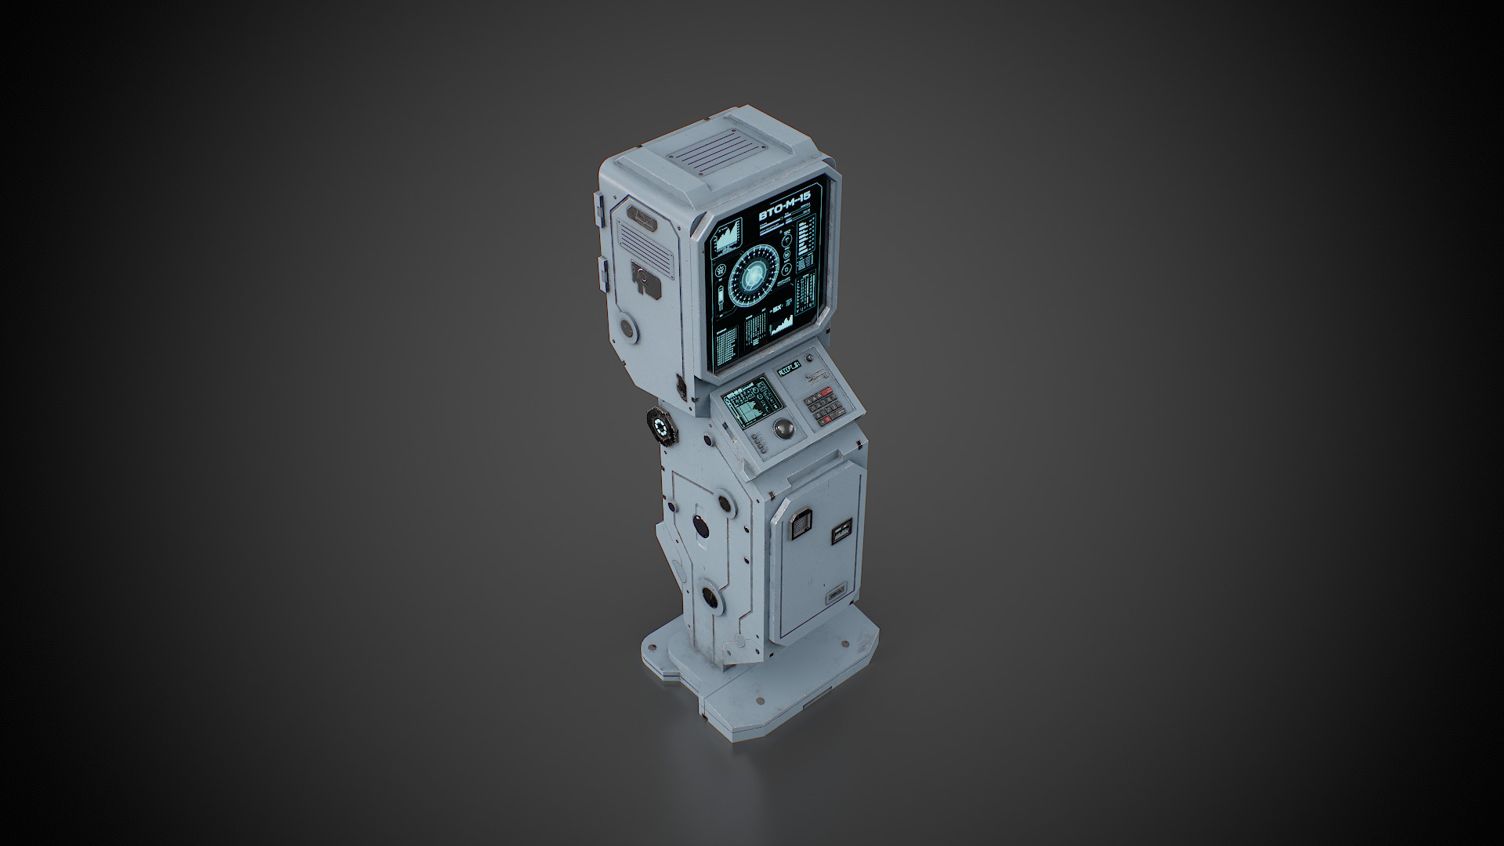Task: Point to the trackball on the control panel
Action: tap(783, 428)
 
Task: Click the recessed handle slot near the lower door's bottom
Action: tap(837, 593)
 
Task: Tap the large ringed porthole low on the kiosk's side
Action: tap(711, 597)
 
